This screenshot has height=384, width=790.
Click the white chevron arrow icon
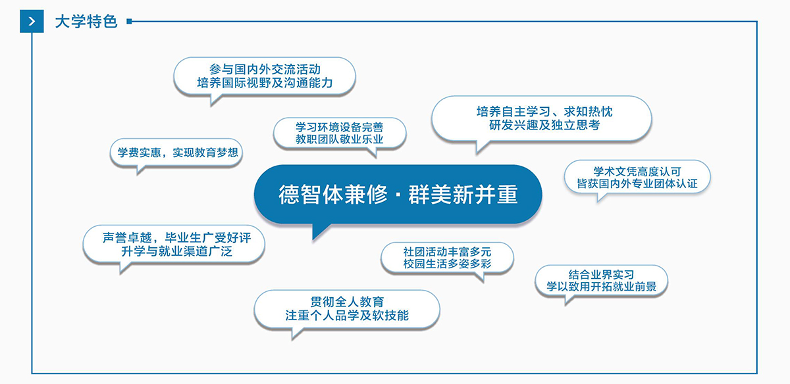click(32, 22)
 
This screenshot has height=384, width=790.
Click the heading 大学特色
click(86, 22)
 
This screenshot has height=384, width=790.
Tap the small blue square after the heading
click(129, 22)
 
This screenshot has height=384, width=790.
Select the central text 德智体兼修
click(333, 194)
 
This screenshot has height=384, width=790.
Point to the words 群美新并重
click(463, 194)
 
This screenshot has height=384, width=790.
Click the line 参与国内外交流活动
click(265, 69)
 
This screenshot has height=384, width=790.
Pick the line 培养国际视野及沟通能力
click(265, 83)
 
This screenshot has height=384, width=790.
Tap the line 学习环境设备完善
click(340, 127)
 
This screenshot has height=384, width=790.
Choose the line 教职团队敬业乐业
click(340, 139)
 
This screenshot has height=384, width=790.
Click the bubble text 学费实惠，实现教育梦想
click(178, 153)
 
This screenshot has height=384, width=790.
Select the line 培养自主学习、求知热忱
click(544, 112)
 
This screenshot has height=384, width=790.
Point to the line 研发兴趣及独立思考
click(544, 125)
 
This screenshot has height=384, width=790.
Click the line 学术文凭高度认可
click(637, 172)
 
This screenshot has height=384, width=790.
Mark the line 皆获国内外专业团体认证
click(637, 183)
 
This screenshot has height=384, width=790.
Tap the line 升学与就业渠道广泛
click(176, 252)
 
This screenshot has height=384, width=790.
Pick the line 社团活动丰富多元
click(447, 252)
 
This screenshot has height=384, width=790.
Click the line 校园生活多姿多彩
click(447, 264)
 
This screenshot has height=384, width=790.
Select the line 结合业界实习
click(601, 275)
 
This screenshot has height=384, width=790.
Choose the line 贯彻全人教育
click(347, 302)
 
